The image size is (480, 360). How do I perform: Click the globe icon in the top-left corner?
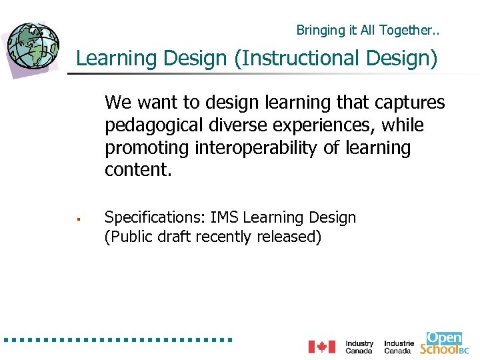[32, 46]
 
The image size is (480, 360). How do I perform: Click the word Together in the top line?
[407, 30]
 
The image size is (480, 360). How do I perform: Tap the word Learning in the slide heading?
[107, 59]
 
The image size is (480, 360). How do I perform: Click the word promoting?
[147, 148]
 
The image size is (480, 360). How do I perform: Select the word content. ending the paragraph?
[138, 170]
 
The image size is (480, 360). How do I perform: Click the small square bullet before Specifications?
[79, 218]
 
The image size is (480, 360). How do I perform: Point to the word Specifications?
[155, 218]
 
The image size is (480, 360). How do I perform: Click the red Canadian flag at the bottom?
[321, 347]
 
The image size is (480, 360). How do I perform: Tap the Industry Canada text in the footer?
[359, 347]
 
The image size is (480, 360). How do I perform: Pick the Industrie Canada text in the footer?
[399, 347]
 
